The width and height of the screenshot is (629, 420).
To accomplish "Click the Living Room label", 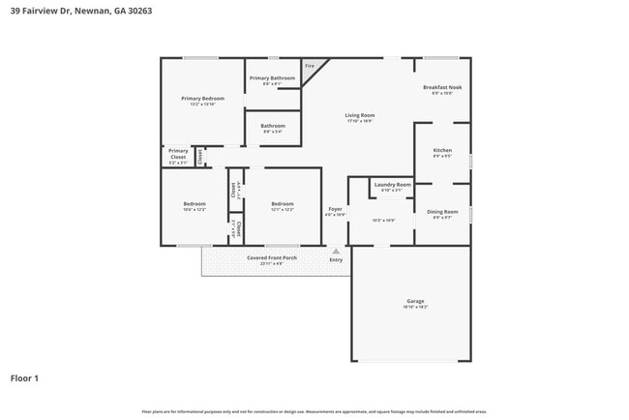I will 360,116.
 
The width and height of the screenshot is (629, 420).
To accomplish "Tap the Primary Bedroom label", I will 202,99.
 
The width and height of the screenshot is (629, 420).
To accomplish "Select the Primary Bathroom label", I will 272,78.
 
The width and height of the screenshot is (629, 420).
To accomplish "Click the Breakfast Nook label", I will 443,88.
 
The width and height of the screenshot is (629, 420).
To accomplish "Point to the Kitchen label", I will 442,151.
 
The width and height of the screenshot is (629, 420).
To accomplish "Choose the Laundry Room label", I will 392,185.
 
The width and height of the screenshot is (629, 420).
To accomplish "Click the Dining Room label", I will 443,212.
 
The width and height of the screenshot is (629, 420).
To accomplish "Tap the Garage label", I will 415,302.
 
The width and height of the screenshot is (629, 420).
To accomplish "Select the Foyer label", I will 335,209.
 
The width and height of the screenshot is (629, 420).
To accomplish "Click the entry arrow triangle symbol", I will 336,250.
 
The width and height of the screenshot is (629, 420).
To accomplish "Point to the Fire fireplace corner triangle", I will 311,68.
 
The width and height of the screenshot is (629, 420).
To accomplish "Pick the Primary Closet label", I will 178,153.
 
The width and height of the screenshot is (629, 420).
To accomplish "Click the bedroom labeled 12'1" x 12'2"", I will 283,205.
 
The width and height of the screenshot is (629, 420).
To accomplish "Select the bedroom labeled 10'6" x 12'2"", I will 195,205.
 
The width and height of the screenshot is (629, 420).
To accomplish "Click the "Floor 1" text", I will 24,378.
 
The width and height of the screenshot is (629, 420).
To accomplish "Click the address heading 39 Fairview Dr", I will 80,11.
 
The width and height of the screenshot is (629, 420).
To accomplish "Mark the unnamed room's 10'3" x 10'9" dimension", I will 383,221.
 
